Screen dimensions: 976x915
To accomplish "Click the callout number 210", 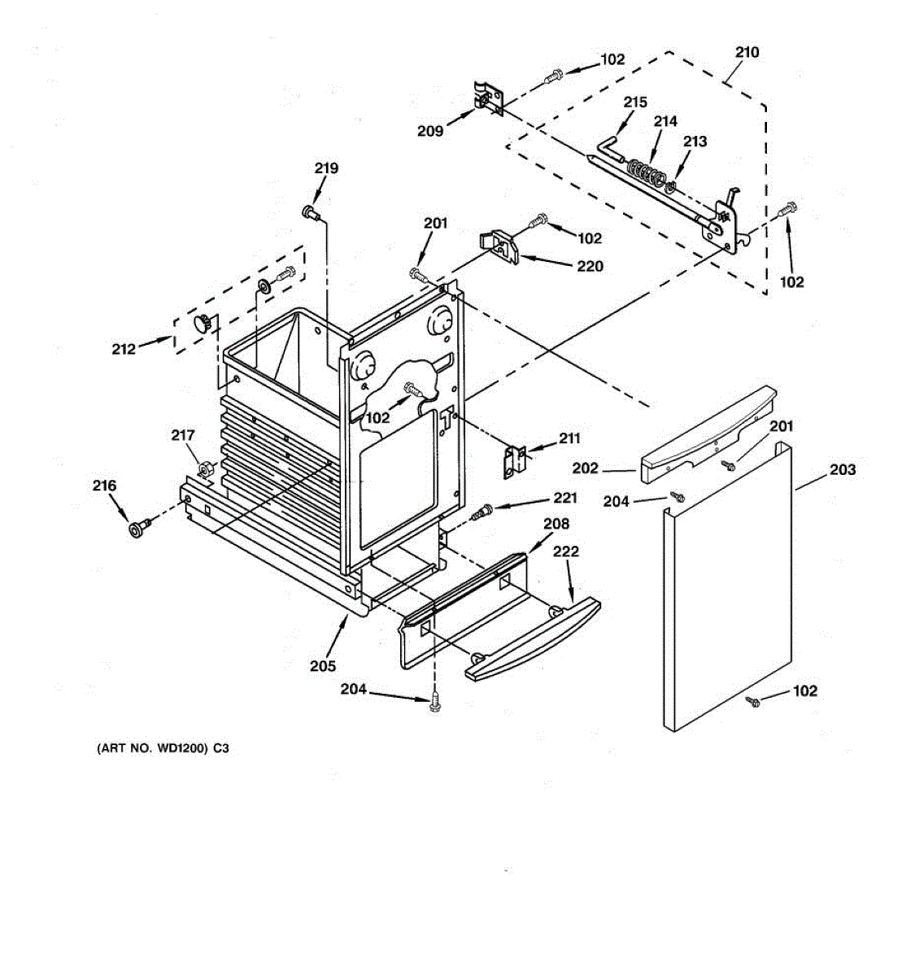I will [747, 53].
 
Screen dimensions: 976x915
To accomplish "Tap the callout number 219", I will [326, 169].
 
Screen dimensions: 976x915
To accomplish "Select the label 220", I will [590, 266].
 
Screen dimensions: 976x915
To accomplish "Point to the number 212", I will [124, 350].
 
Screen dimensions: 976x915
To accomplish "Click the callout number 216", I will [104, 486].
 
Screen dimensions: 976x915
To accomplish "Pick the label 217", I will [183, 436].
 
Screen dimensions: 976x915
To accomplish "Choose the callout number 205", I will [322, 666].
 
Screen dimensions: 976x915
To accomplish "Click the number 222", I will [566, 551].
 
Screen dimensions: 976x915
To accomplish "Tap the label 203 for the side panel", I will [843, 469].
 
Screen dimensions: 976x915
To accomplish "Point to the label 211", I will [569, 439].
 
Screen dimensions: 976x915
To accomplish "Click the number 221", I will [565, 498].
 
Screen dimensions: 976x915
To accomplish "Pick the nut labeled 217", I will [207, 469].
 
